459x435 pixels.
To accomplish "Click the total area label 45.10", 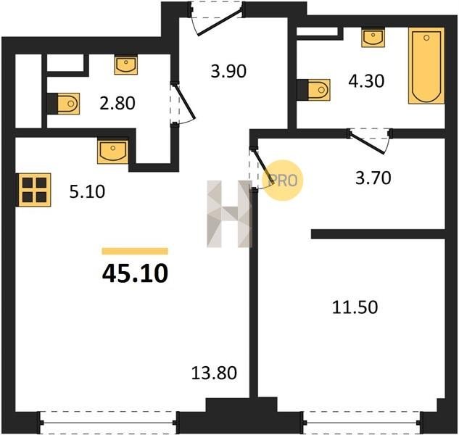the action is pos(135,273).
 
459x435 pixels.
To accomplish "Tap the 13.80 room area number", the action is pos(214,373).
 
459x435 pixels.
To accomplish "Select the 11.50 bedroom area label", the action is pos(355,307).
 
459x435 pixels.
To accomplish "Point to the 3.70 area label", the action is pos(373,178).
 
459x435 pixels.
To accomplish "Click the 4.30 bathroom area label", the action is pos(366,81).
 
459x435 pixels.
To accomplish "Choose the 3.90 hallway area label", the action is pos(228,71).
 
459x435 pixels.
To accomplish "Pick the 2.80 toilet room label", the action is pos(117,104).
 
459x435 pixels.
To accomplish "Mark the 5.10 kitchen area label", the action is pos(87,192).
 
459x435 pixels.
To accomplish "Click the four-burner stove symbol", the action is pos(34,190).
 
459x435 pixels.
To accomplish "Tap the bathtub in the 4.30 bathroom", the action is pos(426,65).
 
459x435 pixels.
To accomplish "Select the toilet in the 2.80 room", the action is pos(63,104).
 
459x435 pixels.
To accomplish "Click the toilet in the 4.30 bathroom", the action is pos(313,90).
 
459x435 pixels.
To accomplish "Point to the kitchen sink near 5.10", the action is pos(113,152).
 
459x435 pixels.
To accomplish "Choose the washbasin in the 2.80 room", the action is pos(126,65).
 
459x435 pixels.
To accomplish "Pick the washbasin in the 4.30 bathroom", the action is pos(373,38).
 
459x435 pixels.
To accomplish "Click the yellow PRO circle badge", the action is pos(283,180).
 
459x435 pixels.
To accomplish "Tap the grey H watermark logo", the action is pos(229,214).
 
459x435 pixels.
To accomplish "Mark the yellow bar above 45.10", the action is pos(135,251).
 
